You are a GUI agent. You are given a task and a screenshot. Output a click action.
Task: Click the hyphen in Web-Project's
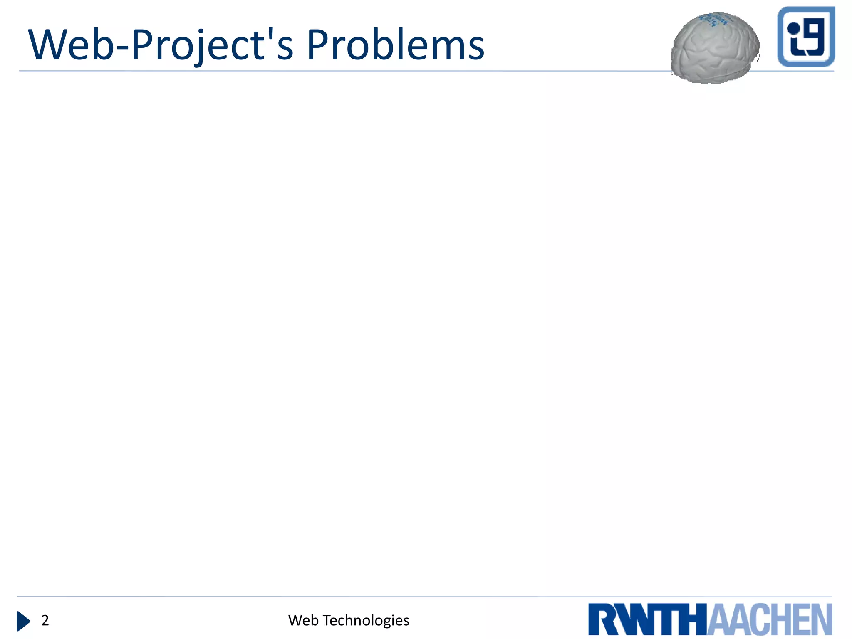[123, 47]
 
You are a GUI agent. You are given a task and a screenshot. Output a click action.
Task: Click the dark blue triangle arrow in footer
[23, 621]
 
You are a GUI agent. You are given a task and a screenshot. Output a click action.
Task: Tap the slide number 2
[45, 620]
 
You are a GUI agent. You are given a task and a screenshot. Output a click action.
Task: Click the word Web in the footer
[303, 620]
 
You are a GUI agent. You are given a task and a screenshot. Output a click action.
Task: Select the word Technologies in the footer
[366, 620]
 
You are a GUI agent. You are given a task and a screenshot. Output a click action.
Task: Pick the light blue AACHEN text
[770, 619]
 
